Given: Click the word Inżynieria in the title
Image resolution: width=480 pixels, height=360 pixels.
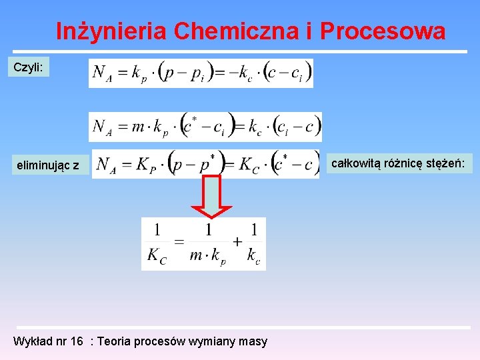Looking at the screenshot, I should point(111,31).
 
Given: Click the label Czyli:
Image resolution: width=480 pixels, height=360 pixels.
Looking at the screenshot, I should point(28,67).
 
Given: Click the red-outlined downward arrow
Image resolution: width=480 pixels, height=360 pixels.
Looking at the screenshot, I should point(212,196).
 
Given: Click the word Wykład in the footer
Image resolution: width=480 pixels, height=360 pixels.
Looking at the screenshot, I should point(33,341).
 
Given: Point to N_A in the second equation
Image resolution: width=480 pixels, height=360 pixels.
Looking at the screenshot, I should point(103,127).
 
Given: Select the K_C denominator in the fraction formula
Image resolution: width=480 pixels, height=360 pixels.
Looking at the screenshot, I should point(156,256).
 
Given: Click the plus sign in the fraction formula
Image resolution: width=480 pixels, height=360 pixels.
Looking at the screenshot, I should point(237,242).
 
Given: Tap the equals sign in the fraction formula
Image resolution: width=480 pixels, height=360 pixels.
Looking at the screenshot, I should point(179,242).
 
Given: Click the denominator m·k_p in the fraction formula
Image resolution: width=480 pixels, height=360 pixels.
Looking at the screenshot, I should point(207,256).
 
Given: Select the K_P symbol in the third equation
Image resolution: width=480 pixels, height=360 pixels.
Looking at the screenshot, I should point(146,165).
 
